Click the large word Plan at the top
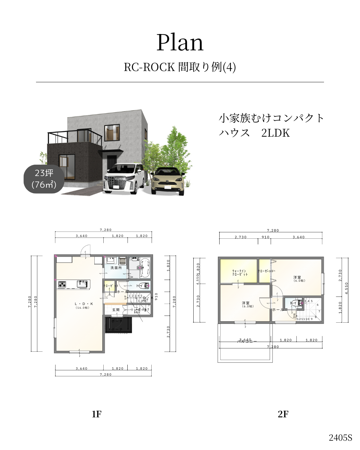coord(180,43)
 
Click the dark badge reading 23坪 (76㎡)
coord(44,179)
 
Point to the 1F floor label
coord(96,414)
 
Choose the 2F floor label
coord(283,414)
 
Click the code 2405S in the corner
coord(340,438)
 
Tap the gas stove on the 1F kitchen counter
coord(62,284)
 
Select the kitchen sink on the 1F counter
coord(82,284)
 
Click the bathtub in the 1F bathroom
coord(145,267)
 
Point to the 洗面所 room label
coord(116,268)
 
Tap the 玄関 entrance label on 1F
coord(116,310)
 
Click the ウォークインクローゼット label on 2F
coord(240,273)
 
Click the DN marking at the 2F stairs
coord(294,315)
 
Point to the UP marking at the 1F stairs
coord(126,297)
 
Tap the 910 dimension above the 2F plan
coord(265,237)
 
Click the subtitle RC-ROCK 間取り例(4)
coord(180,67)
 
